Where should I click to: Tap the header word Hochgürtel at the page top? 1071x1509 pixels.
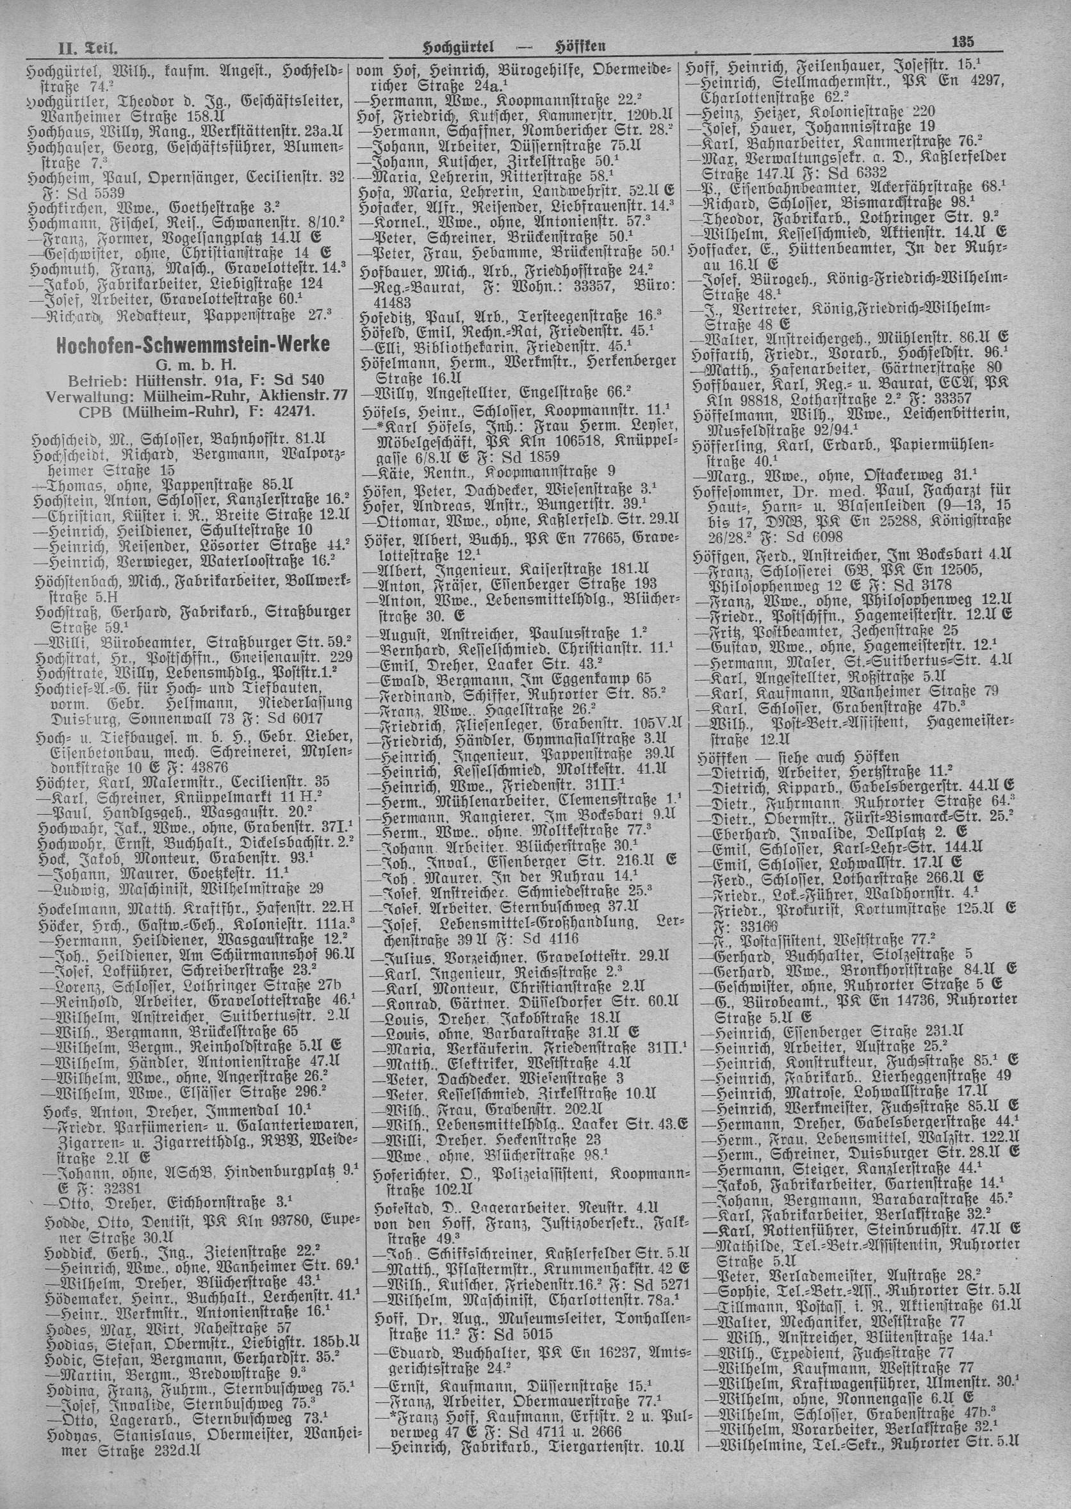click(458, 46)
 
